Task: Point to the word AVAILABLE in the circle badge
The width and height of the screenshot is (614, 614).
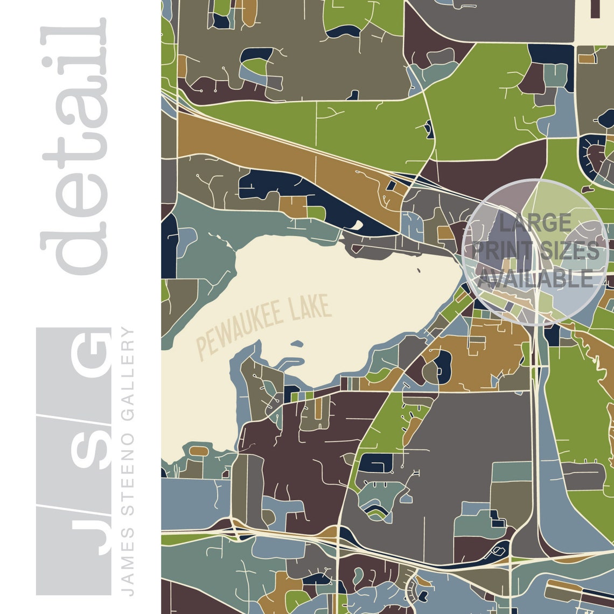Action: point(536,278)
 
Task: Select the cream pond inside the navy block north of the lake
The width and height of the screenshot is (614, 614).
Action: point(356,224)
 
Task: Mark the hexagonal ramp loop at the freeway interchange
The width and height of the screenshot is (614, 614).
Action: point(499,551)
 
